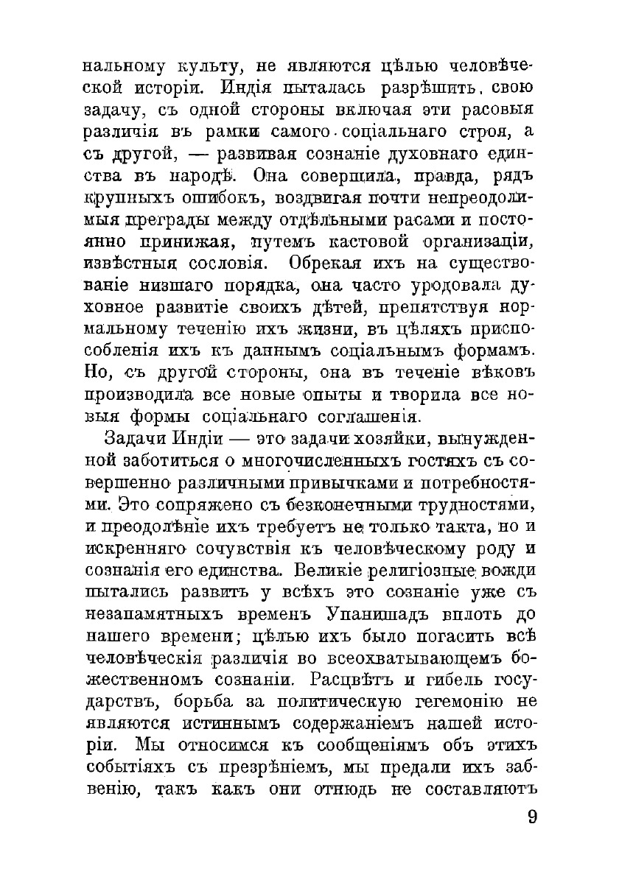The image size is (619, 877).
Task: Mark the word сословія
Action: click(226, 263)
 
